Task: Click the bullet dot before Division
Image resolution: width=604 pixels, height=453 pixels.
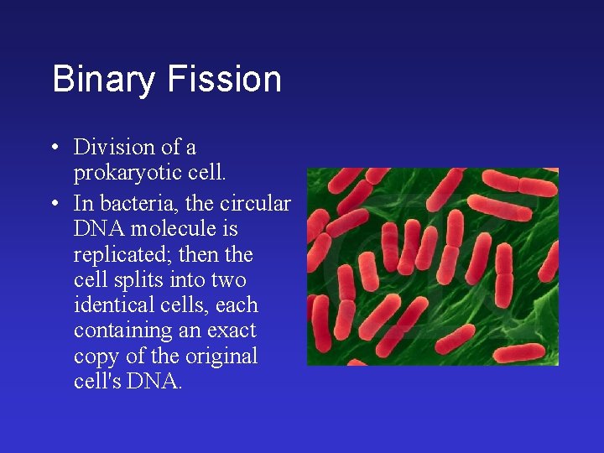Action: coord(53,148)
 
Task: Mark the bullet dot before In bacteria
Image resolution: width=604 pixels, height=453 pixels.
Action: coord(53,204)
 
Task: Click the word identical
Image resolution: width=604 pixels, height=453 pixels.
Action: coord(107,305)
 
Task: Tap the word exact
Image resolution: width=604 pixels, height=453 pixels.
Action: coord(234,331)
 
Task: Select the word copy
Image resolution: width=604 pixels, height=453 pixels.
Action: coord(96,356)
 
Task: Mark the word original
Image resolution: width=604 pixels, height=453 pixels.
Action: coord(223,356)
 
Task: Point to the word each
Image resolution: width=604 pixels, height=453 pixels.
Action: coord(237,305)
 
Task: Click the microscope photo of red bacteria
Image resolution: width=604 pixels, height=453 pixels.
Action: coord(432,266)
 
